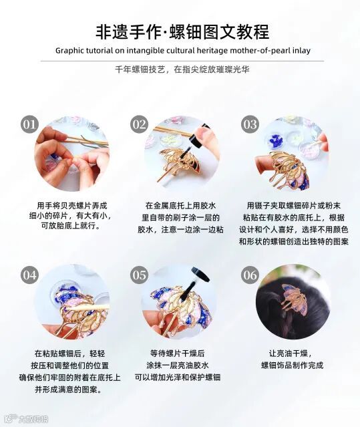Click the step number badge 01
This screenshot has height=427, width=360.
[29, 124]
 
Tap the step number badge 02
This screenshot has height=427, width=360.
[139, 124]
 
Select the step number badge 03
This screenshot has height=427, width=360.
[250, 124]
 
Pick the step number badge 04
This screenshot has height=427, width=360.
[29, 275]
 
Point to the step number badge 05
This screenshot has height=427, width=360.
[139, 275]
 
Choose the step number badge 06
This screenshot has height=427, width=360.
[250, 275]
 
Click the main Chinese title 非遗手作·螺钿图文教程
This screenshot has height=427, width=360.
[182, 31]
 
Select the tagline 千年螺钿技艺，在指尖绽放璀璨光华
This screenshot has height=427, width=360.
[182, 69]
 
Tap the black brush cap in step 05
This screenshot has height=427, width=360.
[200, 275]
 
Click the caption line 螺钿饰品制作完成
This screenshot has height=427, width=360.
[293, 365]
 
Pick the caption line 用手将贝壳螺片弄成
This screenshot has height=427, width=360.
[72, 205]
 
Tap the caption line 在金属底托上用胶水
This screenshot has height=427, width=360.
[180, 205]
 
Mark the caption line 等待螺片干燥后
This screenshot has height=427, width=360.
[177, 353]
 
